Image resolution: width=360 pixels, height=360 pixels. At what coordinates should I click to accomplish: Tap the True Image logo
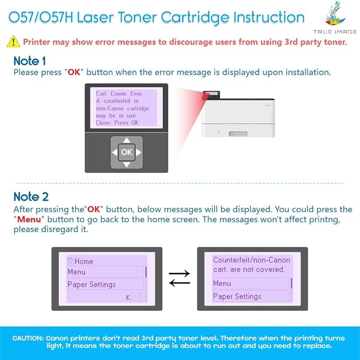click(x=335, y=19)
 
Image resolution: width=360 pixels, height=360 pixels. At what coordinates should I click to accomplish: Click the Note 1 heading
click(x=30, y=61)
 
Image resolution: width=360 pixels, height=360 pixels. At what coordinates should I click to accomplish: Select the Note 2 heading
click(x=31, y=196)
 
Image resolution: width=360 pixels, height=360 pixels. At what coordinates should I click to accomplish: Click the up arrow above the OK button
click(x=126, y=141)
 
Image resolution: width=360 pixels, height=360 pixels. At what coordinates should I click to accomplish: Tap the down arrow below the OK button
click(x=126, y=164)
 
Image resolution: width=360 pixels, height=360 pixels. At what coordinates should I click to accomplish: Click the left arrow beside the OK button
click(x=115, y=153)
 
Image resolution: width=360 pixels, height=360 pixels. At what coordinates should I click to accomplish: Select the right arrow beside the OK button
click(x=138, y=153)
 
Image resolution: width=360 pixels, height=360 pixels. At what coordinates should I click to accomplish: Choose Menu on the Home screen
click(x=76, y=272)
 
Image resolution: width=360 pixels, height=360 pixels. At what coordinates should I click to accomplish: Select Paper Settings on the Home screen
click(x=91, y=285)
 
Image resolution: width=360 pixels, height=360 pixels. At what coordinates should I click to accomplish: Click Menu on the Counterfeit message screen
click(x=222, y=284)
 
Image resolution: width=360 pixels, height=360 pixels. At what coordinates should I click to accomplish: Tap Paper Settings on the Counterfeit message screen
click(x=237, y=296)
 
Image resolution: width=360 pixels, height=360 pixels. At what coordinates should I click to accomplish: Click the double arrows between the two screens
click(x=179, y=278)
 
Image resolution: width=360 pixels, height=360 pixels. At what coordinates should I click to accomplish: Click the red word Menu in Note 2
click(x=30, y=219)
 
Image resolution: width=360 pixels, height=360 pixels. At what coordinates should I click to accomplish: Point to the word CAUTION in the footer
click(x=28, y=338)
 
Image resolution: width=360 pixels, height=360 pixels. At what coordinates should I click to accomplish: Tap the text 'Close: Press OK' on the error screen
click(x=117, y=122)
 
